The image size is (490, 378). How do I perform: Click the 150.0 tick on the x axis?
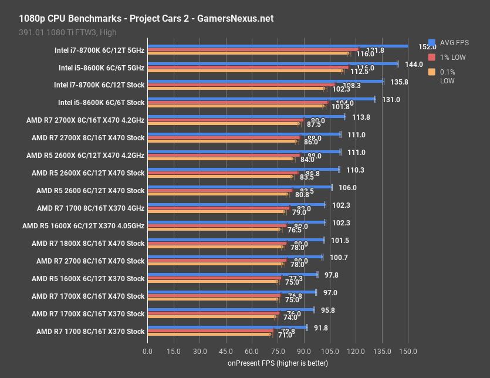point(408,351)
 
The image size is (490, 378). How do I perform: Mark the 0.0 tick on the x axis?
point(147,351)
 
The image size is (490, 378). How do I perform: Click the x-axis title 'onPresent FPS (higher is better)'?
point(278,363)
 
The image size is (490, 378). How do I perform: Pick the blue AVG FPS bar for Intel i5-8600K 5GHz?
point(272,64)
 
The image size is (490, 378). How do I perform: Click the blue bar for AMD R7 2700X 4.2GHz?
point(246,117)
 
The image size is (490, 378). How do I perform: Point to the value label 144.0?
point(414,64)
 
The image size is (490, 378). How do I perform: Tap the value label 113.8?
point(361,117)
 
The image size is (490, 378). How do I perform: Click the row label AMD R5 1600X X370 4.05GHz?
point(83,225)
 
